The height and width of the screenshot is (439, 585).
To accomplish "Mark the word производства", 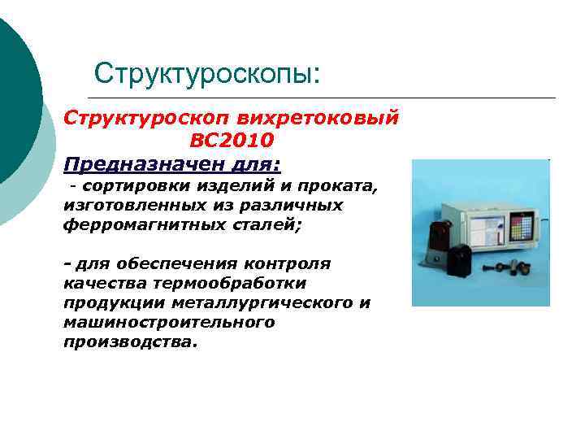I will pos(129,341).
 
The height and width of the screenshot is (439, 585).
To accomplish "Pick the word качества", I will pos(97,283).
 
